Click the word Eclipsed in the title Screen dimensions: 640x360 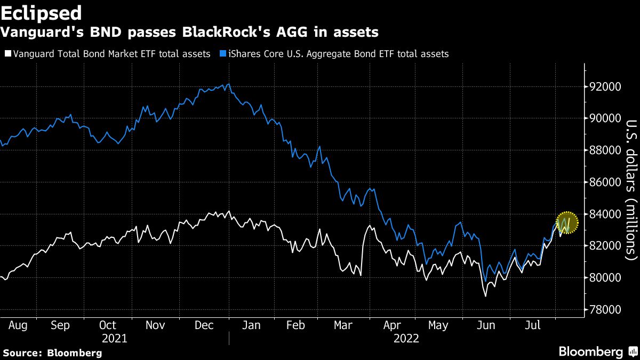(41, 13)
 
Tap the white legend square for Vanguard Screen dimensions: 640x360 (8, 53)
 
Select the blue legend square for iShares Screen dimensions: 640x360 (223, 53)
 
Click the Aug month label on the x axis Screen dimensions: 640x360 (18, 325)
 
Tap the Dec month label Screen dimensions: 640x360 (204, 325)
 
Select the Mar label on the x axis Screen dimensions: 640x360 (343, 325)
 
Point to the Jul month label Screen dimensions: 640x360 (533, 325)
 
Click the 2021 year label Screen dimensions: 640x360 (115, 339)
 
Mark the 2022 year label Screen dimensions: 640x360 (406, 339)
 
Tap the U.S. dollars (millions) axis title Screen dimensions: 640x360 (631, 190)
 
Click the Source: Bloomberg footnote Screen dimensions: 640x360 (53, 353)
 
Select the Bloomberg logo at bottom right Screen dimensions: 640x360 (599, 351)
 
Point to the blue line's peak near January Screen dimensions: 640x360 (229, 84)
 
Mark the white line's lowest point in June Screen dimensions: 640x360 (485, 297)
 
